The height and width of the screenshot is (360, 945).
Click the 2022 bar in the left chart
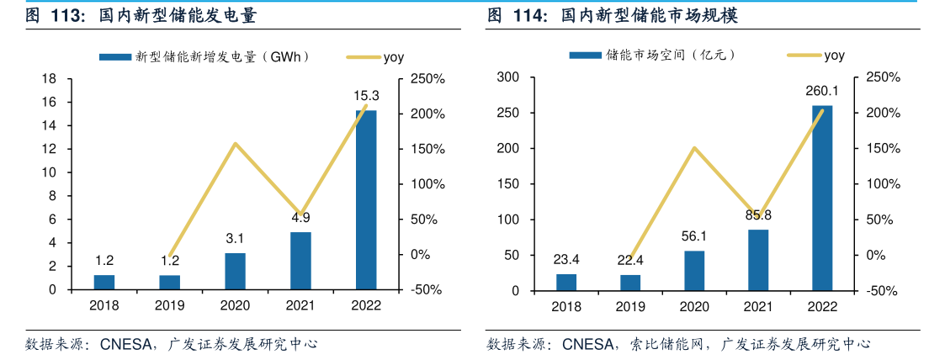click(366, 199)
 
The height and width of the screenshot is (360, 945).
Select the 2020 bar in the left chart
click(236, 271)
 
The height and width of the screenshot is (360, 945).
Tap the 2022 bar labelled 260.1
click(821, 198)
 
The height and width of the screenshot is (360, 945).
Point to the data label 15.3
click(366, 96)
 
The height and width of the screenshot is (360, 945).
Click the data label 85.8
click(758, 215)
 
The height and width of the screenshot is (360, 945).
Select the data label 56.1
click(694, 236)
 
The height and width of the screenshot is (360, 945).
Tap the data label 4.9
click(300, 217)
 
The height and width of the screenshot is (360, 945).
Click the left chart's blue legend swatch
click(115, 56)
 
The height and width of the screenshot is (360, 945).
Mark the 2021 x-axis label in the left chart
click(300, 306)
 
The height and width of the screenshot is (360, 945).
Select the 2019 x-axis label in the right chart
click(630, 307)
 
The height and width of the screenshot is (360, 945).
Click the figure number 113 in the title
click(67, 16)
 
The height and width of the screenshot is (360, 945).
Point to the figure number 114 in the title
click(528, 16)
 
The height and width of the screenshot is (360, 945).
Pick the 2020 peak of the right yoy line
click(694, 148)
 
